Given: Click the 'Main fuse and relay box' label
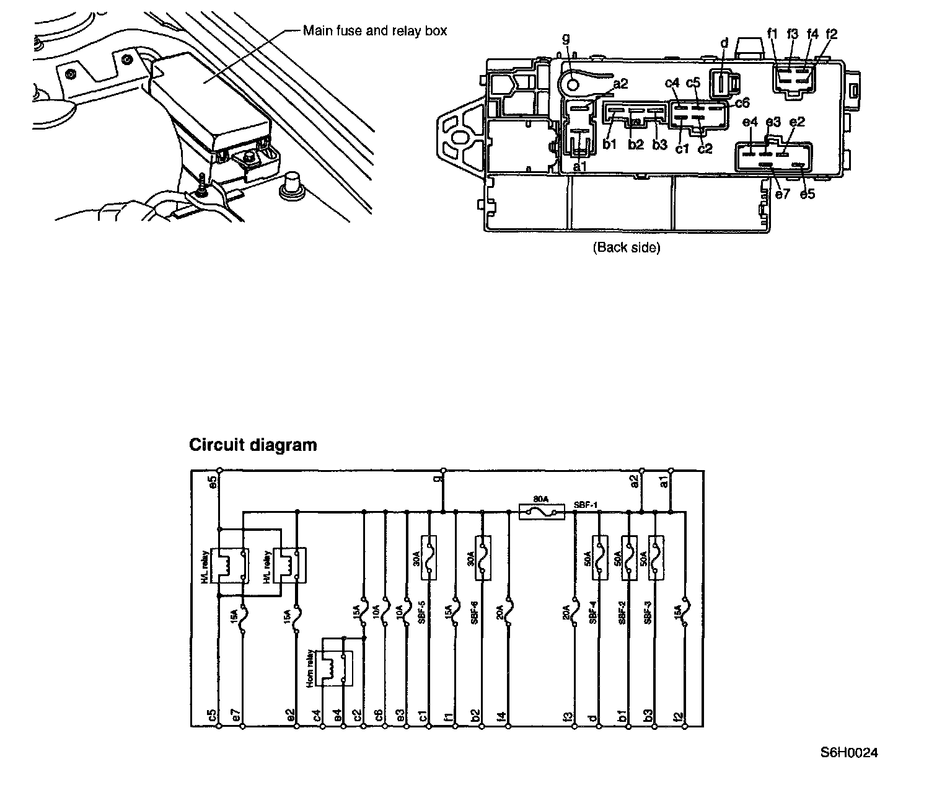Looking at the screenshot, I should (x=374, y=31).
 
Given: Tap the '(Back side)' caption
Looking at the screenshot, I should (x=627, y=247).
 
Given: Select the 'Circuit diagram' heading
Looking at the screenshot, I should (x=253, y=445).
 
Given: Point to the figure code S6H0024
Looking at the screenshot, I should (x=849, y=753).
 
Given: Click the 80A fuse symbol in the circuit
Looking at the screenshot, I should (x=541, y=511).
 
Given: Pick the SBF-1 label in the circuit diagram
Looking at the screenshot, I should (x=585, y=504).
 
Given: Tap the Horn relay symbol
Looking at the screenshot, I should (x=334, y=669).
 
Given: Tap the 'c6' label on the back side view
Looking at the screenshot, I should (x=742, y=103).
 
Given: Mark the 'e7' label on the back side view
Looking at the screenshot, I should (x=783, y=194).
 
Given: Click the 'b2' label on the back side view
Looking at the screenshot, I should (x=636, y=145).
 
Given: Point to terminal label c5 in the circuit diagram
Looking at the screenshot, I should (x=212, y=716).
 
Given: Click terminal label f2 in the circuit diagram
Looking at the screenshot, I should (x=679, y=716).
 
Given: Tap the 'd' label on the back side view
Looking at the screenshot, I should (x=724, y=43).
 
